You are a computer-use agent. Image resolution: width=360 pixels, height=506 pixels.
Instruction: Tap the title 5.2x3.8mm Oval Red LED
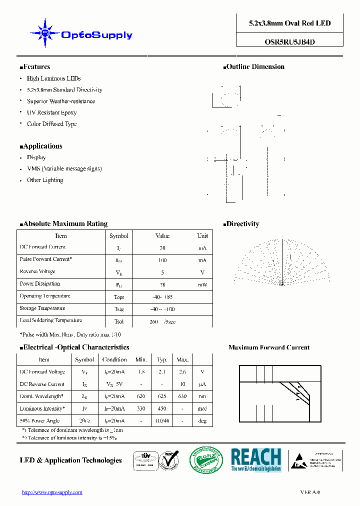pos(289,23)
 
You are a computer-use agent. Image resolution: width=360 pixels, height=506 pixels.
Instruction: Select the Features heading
pos(35,66)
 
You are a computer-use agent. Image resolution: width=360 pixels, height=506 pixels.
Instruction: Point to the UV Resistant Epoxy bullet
pos(51,112)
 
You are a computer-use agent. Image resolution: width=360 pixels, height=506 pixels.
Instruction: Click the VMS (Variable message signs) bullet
pos(64,168)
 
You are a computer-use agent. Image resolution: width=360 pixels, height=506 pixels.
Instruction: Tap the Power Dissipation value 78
pos(162,284)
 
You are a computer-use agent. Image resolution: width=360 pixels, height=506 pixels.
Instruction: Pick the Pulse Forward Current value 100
pos(162,260)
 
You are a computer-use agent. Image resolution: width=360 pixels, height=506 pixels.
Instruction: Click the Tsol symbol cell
pos(119,321)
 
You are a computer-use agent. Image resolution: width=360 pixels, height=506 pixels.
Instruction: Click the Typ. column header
pos(162,359)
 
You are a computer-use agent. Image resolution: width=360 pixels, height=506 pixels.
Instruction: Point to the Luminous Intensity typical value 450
pos(162,408)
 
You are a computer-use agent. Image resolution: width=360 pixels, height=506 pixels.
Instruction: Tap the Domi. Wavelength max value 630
pos(182,396)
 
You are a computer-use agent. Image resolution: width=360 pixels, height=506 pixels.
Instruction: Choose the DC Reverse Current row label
pos(42,384)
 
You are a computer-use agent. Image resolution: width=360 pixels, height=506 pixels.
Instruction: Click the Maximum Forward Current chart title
pos(269,347)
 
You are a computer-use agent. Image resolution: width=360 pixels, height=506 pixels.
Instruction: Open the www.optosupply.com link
pos(52,492)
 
